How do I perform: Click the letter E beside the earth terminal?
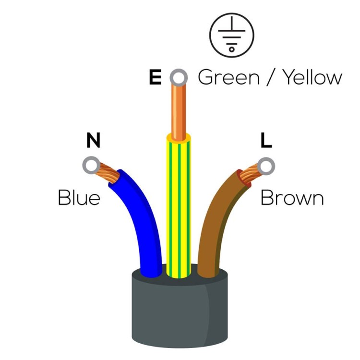[156, 77]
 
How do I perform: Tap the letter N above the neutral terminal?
[93, 141]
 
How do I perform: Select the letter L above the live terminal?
[266, 141]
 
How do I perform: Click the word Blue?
[79, 198]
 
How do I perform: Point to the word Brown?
[292, 198]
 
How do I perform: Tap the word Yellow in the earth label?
[312, 77]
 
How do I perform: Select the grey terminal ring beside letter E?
[179, 77]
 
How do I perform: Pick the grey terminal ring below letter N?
[91, 165]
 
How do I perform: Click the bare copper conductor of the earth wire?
[178, 108]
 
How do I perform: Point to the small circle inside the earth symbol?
[231, 48]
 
